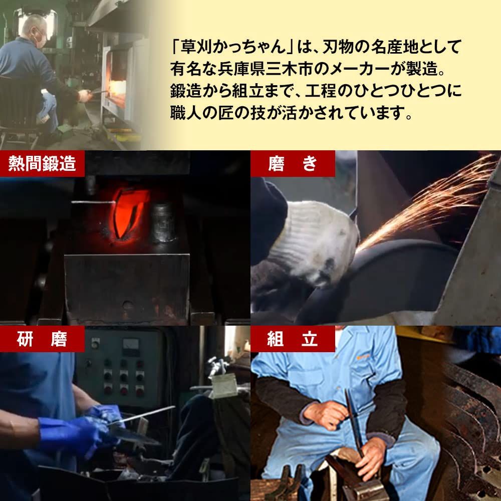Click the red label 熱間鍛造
pyautogui.click(x=42, y=163)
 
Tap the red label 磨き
pyautogui.click(x=293, y=163)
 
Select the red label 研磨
pyautogui.click(x=42, y=339)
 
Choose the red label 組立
pyautogui.click(x=293, y=339)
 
